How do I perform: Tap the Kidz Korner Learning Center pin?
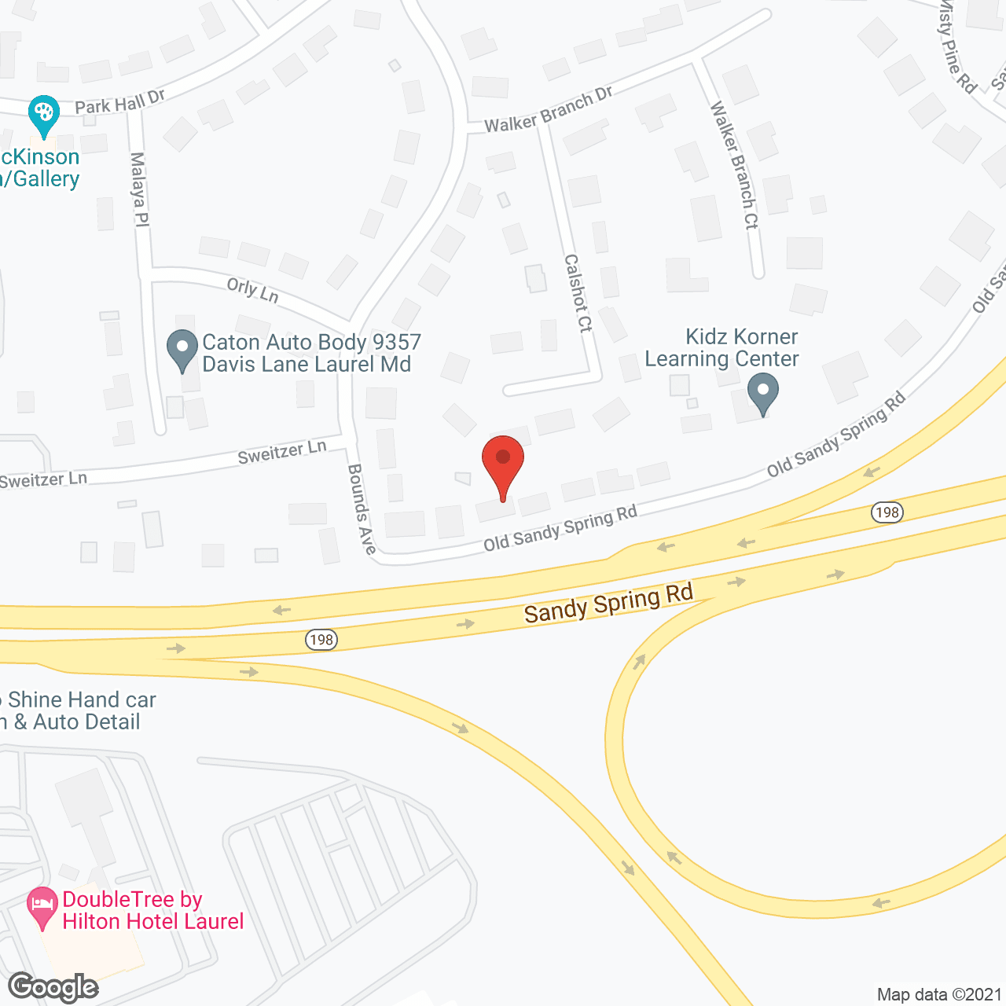pyautogui.click(x=762, y=391)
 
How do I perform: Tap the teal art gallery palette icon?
pyautogui.click(x=43, y=114)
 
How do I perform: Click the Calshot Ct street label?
pyautogui.click(x=578, y=292)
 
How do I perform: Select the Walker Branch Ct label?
pyautogui.click(x=734, y=165)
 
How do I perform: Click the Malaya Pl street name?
pyautogui.click(x=138, y=189)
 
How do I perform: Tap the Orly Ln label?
pyautogui.click(x=252, y=289)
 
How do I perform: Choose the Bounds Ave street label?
pyautogui.click(x=362, y=509)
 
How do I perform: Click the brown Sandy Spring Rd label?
pyautogui.click(x=608, y=603)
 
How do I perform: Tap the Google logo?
pyautogui.click(x=53, y=987)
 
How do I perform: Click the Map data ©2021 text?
pyautogui.click(x=939, y=995)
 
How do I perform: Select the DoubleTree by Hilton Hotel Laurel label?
pyautogui.click(x=152, y=910)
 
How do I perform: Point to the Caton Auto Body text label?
pyautogui.click(x=311, y=353)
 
